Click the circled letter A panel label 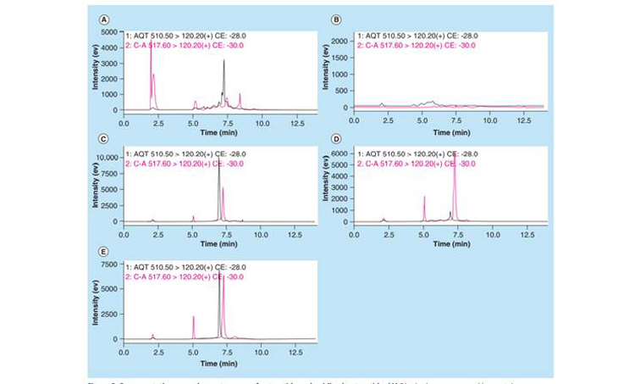tap(103, 19)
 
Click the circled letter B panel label tap(336, 19)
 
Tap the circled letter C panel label tap(103, 138)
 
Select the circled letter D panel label tap(336, 138)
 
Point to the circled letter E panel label tap(103, 252)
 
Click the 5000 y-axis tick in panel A tap(110, 31)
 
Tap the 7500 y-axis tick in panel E tap(110, 264)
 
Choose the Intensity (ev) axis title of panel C tap(95, 189)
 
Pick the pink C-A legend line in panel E tap(178, 276)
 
